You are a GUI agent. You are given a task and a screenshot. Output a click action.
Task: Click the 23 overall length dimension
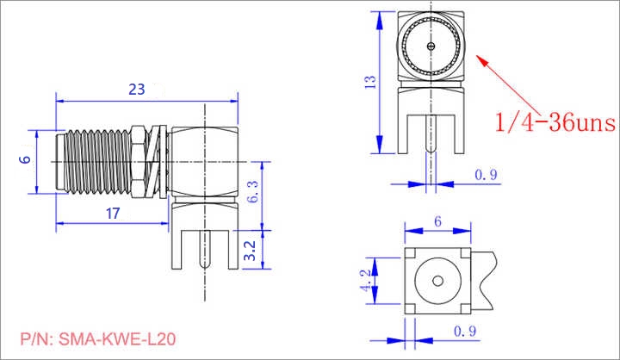[137, 90]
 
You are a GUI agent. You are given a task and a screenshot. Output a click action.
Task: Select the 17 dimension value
[113, 214]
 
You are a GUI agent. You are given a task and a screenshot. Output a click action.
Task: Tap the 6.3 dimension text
[252, 191]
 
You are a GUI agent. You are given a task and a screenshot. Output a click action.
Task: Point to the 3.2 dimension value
[250, 251]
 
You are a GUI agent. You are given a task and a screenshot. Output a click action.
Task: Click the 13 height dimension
[370, 82]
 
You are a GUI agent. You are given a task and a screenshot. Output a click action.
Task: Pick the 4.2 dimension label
[366, 281]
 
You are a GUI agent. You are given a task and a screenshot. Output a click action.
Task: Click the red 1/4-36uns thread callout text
[555, 122]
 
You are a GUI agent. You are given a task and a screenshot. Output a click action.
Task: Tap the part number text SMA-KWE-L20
[117, 339]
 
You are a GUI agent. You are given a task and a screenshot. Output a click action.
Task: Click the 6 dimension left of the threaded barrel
[25, 159]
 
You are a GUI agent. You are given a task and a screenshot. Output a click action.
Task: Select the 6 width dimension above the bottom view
[437, 221]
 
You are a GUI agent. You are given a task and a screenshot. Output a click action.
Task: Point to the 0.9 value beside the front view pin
[486, 175]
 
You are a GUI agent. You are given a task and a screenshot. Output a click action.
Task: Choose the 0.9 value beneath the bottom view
[465, 331]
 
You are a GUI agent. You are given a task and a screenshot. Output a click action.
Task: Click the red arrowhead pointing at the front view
[481, 60]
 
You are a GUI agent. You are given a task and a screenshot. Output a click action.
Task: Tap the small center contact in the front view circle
[431, 46]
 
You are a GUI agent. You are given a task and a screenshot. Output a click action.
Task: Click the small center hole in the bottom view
[437, 281]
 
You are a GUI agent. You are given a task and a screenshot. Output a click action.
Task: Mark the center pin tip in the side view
[205, 267]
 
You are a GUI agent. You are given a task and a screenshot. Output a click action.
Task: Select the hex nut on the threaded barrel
[136, 161]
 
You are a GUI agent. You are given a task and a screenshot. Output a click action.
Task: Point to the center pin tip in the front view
[431, 151]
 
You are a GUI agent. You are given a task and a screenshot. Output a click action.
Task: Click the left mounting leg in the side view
[177, 249]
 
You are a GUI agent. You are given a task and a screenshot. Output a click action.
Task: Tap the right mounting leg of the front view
[460, 133]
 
